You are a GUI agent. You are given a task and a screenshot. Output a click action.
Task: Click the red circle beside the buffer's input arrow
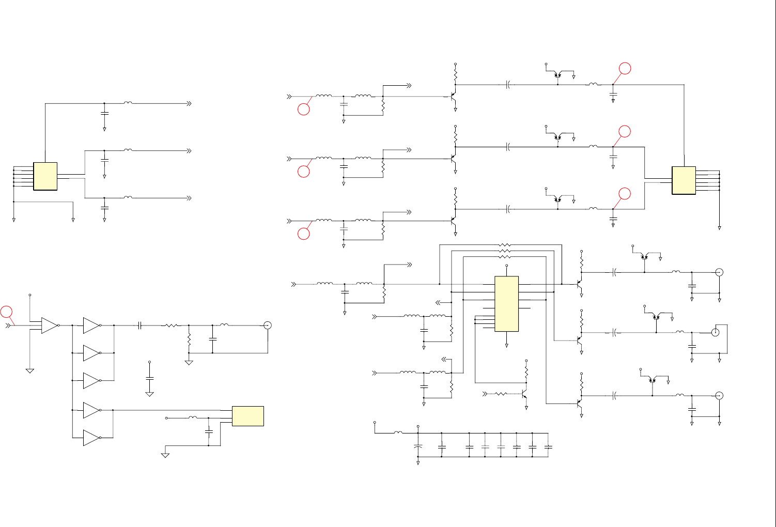pos(6,312)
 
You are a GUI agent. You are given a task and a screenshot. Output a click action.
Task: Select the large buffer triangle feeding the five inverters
pos(49,326)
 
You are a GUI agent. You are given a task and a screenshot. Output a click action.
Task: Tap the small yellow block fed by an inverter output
pos(248,416)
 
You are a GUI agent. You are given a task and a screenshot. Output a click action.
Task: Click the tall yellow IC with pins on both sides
pos(506,304)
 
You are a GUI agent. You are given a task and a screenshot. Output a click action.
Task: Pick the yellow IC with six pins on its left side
pos(45,176)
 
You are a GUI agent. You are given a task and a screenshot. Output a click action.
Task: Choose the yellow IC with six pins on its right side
pos(684,180)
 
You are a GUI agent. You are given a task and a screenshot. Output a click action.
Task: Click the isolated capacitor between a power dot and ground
pos(149,378)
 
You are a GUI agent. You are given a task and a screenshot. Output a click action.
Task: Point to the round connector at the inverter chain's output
pos(268,325)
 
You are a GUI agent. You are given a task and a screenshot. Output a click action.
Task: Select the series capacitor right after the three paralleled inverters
pos(140,326)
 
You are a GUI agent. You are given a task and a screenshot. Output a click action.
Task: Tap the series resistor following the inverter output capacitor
pos(170,326)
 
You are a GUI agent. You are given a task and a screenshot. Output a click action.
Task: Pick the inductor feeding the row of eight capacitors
pos(398,432)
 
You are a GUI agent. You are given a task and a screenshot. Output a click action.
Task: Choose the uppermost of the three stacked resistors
pos(505,245)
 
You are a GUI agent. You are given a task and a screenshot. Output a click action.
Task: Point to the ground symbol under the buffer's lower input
pos(30,370)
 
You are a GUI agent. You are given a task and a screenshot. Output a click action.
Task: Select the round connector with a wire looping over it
pos(716,332)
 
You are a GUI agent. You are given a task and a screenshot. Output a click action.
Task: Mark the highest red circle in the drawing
pos(625,68)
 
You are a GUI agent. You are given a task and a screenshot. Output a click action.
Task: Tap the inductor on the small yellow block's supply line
pos(192,417)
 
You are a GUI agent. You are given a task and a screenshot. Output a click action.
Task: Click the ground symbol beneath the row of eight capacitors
pos(418,463)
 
